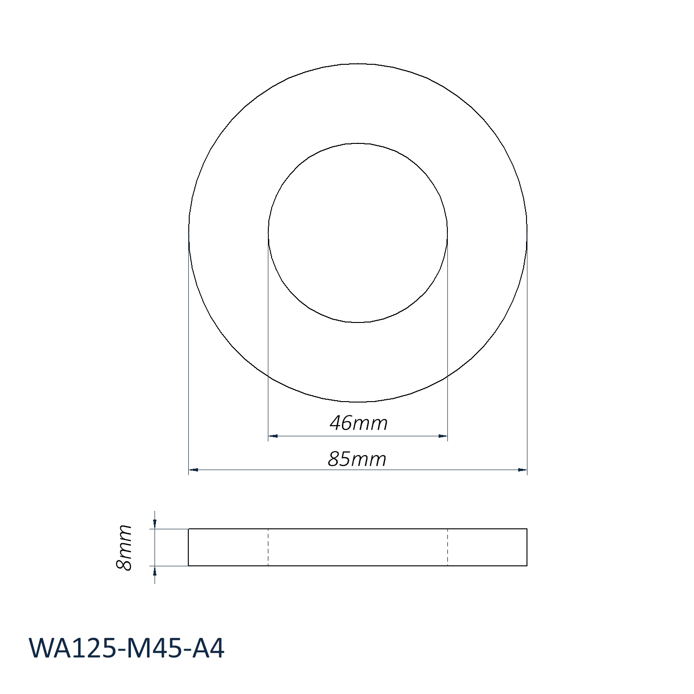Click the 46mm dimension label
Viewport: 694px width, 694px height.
pos(359,423)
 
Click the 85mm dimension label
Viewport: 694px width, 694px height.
pos(357,459)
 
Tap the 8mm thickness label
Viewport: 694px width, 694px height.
pos(124,547)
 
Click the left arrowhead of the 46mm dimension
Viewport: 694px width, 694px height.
pos(273,436)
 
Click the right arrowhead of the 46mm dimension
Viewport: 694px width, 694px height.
pos(443,436)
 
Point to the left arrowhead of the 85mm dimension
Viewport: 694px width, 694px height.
pos(193,470)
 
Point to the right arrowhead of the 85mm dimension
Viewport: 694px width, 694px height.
pos(522,470)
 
